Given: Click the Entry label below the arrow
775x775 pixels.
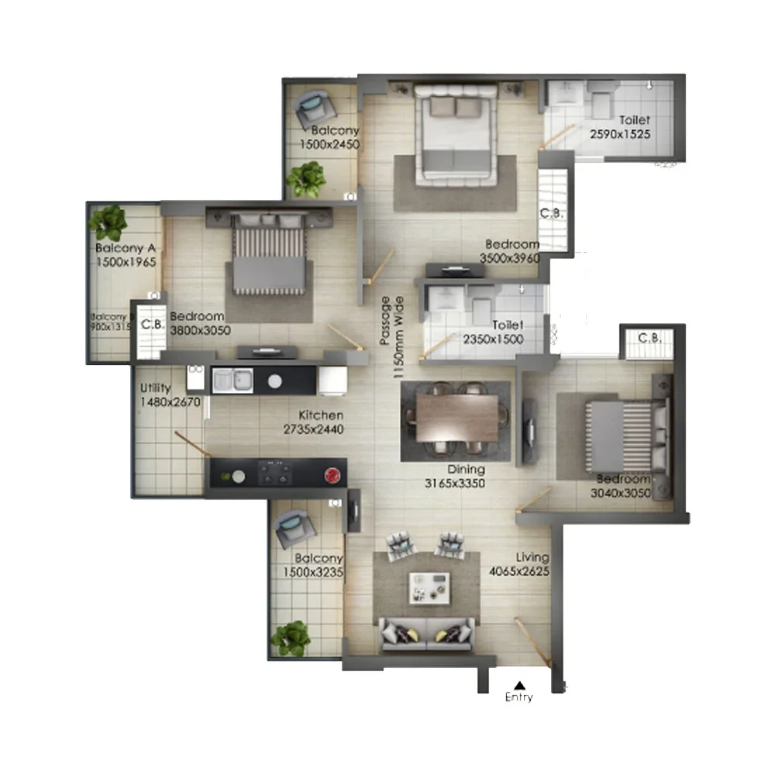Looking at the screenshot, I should tap(519, 697).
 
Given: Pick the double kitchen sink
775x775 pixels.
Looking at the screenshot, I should tap(232, 380).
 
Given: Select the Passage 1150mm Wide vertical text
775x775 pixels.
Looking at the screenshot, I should tap(391, 335).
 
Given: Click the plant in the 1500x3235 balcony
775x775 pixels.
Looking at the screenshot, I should tap(291, 637).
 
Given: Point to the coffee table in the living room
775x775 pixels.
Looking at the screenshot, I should tap(429, 587).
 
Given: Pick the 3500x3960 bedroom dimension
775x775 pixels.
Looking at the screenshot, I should tap(509, 258).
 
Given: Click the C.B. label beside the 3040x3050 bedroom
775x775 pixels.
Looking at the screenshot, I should tap(649, 339).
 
